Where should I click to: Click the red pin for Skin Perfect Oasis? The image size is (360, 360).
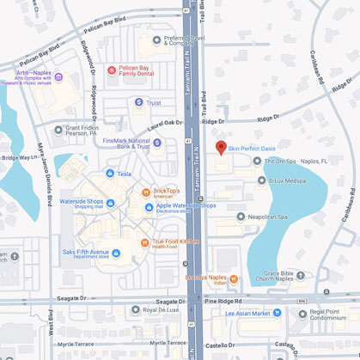click(221, 148)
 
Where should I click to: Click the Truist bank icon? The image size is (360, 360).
click(138, 102)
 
